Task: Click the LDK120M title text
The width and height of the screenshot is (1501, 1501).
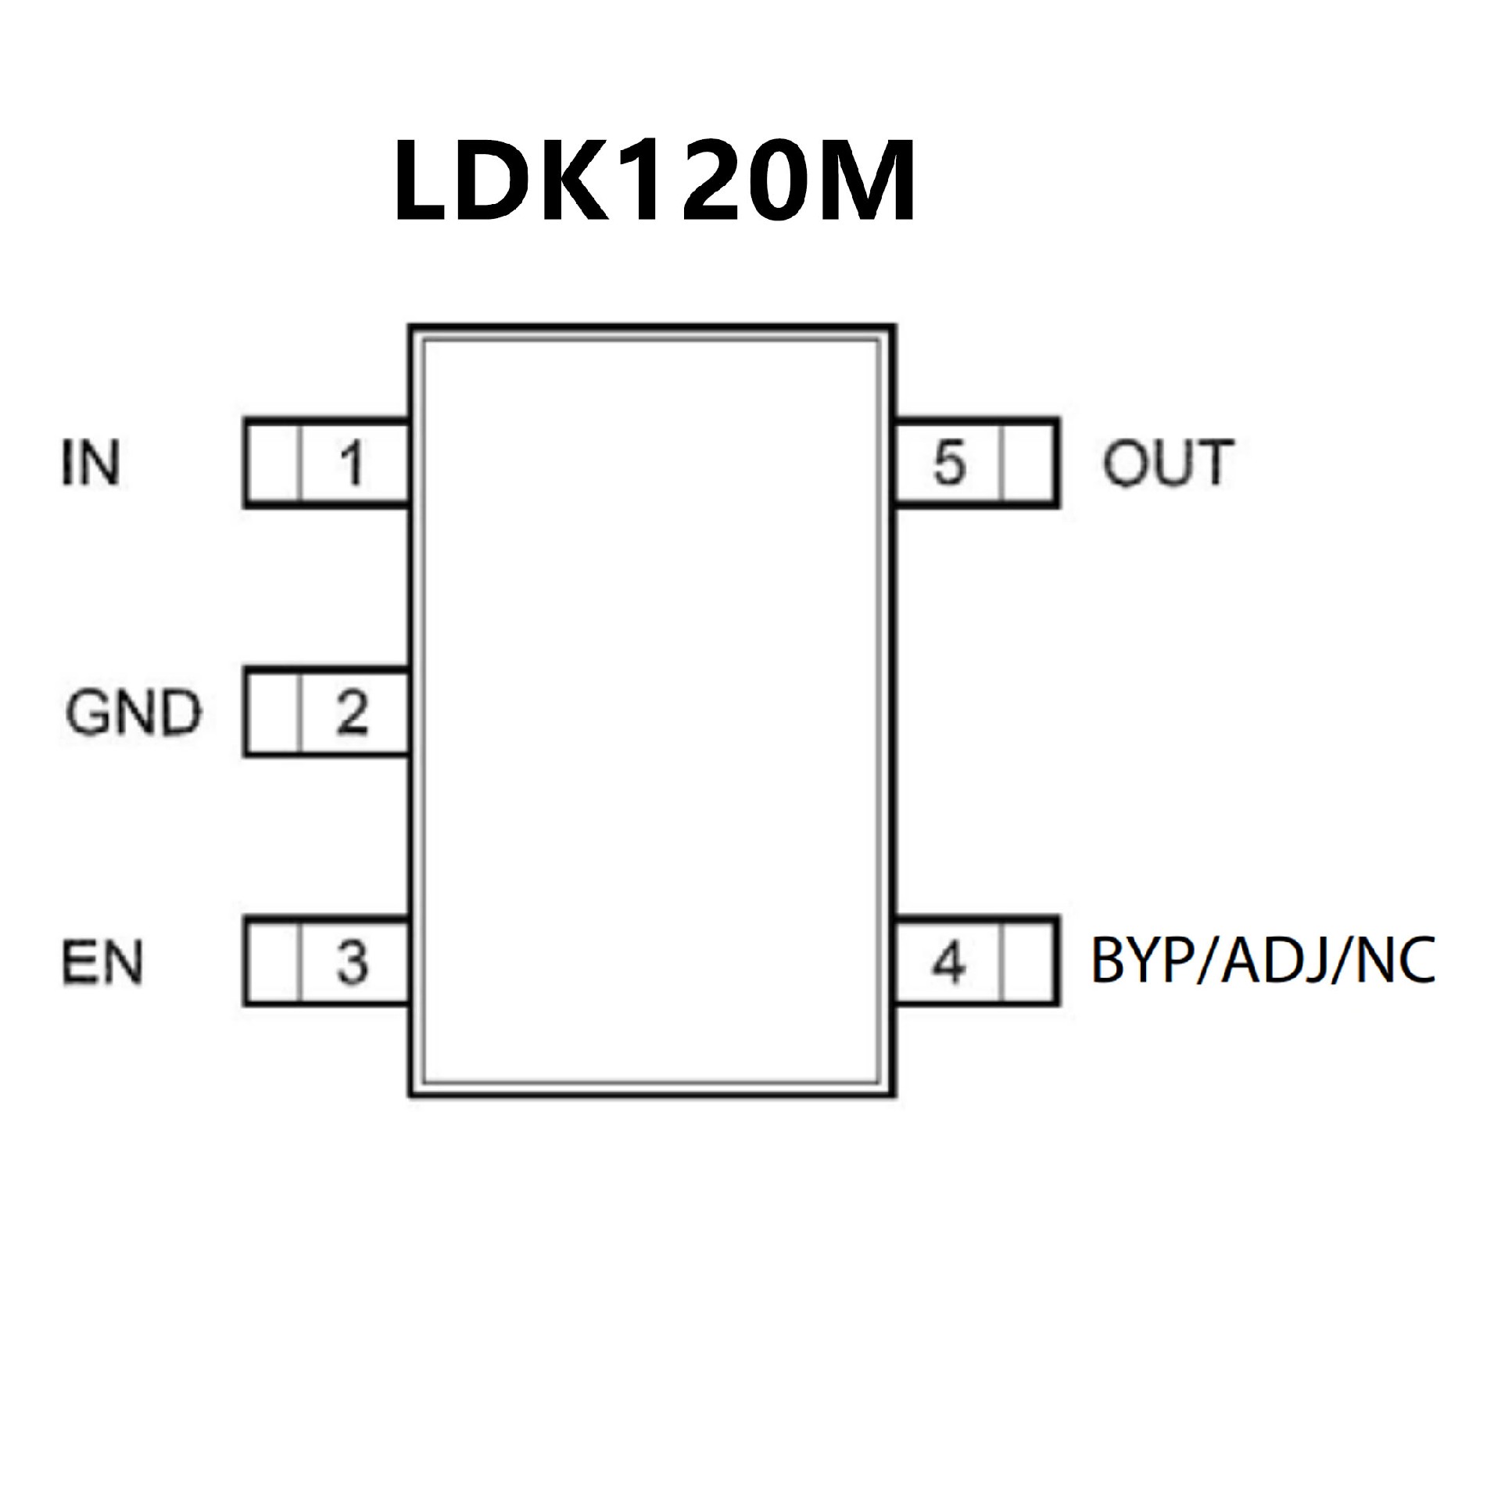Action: [654, 181]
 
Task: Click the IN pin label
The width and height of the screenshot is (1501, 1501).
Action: [91, 464]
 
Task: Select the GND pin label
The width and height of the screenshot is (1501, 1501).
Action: [133, 713]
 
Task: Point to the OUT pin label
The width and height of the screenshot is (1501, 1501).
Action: [1167, 464]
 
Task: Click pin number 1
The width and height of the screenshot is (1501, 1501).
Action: [353, 464]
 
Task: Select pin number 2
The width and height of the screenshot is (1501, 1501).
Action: [352, 713]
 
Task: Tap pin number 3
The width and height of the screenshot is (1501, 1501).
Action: [352, 962]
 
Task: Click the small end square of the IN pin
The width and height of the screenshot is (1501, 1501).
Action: [273, 464]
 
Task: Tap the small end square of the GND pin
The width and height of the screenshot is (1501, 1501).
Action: [273, 713]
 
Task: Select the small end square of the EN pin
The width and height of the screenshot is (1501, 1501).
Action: [273, 962]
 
